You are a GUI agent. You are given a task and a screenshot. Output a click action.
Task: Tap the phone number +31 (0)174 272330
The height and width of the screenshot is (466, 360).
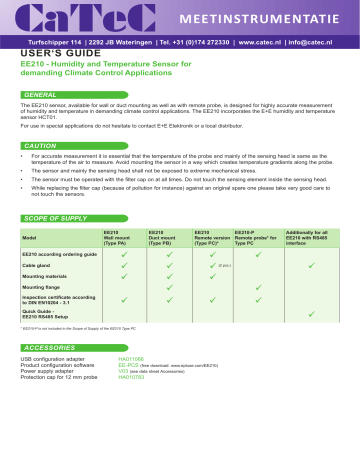(x=219, y=43)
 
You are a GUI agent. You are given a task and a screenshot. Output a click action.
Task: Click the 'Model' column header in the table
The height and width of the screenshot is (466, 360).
(x=30, y=237)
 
